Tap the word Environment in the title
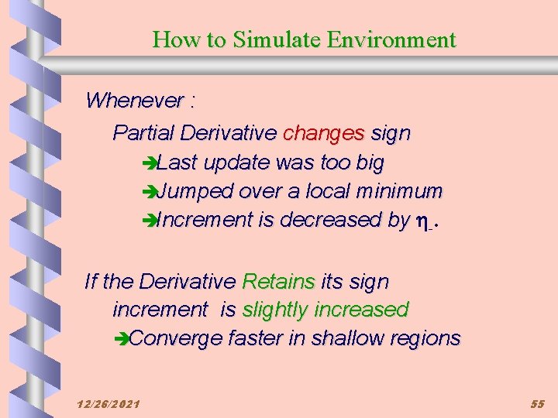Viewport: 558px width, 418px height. [391, 39]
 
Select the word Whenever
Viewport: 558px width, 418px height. [136, 101]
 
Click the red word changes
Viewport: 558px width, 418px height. [323, 133]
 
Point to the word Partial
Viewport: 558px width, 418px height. [143, 133]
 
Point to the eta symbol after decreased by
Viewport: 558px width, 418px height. [423, 221]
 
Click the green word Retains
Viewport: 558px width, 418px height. [278, 282]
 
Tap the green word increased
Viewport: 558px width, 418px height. [364, 310]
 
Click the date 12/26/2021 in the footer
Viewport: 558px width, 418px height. [108, 404]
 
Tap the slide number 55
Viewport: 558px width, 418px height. [538, 404]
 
